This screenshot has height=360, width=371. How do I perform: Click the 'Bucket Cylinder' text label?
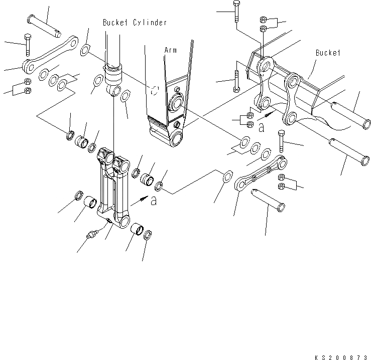pos(135,23)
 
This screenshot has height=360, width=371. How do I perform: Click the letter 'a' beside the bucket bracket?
pos(261,128)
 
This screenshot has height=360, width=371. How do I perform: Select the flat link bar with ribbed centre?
pos(261,173)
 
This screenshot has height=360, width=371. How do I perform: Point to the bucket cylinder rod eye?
pos(115,90)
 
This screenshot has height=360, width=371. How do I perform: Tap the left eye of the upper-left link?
pos(28,65)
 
